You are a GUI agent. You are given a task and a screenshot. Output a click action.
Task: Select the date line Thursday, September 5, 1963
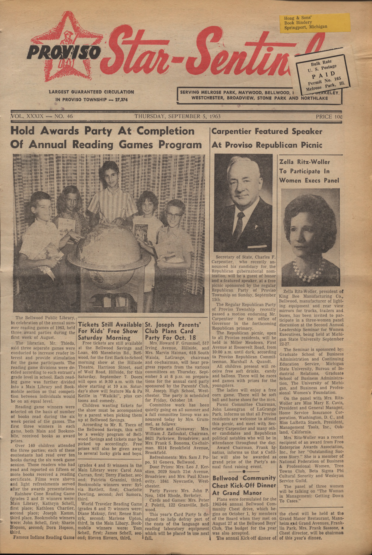(177, 116)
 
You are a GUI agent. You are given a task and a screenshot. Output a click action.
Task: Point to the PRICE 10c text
(329, 116)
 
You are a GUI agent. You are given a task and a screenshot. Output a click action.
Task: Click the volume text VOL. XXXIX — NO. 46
(42, 116)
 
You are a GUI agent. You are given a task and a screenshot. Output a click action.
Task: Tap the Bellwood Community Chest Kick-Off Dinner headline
(244, 485)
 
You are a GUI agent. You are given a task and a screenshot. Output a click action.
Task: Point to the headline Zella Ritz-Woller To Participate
(309, 171)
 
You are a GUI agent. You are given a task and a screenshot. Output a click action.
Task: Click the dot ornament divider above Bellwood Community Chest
(244, 472)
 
